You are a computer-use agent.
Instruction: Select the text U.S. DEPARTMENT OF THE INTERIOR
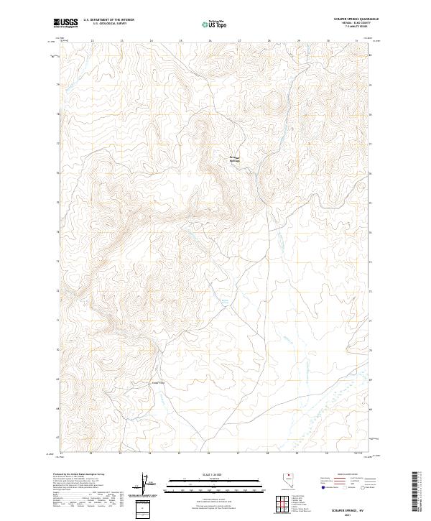click(108, 19)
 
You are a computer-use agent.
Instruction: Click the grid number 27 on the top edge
click(239, 41)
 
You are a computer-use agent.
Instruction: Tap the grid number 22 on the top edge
click(93, 41)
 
